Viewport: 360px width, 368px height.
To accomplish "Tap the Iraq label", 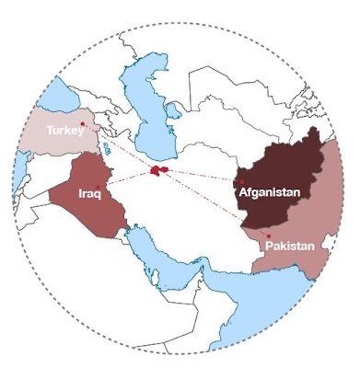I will [88, 195].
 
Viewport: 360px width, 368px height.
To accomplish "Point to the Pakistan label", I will [289, 247].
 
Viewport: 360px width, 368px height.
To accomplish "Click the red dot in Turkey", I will [83, 123].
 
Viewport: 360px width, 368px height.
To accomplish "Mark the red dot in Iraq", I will [99, 187].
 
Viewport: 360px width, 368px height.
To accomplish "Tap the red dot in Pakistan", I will [266, 236].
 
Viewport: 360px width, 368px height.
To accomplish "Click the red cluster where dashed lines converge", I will [157, 171].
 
